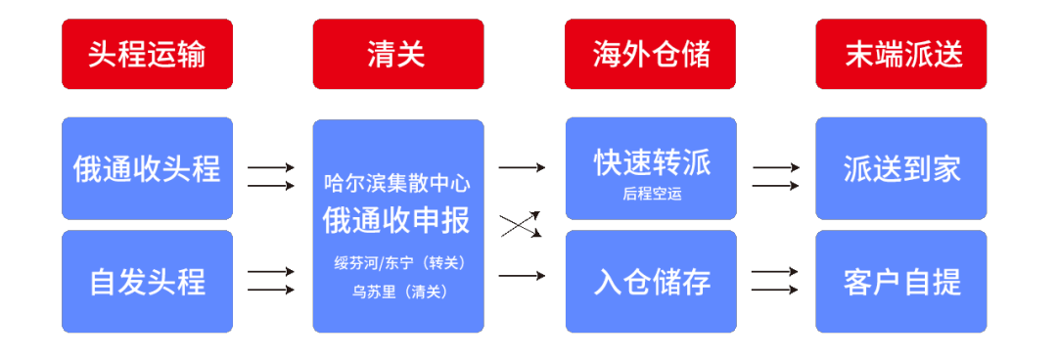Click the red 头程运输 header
tap(147, 54)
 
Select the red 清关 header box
tap(398, 54)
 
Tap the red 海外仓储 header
tap(650, 54)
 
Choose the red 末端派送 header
tap(901, 54)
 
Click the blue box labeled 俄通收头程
tap(147, 168)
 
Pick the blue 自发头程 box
tap(147, 282)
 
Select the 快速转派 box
tap(650, 168)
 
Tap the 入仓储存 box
tap(650, 282)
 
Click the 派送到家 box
tap(901, 168)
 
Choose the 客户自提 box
tap(901, 282)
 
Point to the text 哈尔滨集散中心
tap(397, 183)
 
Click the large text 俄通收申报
tap(397, 220)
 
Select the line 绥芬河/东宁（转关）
tap(397, 262)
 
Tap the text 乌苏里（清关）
tap(397, 291)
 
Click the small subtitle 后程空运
tap(651, 194)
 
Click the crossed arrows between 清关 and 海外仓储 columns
tap(523, 224)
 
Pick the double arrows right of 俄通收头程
tap(271, 176)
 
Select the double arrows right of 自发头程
tap(271, 281)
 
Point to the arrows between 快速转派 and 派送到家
tap(775, 176)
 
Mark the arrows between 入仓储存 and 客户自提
tap(775, 281)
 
